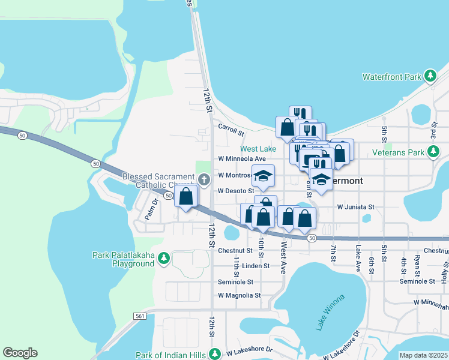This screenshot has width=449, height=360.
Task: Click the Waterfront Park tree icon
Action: pos(430,76)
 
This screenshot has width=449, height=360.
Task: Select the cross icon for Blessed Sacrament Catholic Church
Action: pos(204,179)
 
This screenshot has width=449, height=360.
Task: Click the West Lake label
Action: pos(258,149)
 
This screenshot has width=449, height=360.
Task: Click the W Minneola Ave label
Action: pos(241,159)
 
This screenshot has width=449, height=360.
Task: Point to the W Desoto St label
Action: pos(236,191)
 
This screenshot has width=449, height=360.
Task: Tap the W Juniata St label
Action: pos(355,206)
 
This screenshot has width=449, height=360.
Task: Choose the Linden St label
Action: pos(247,266)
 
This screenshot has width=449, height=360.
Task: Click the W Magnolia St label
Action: pos(239,295)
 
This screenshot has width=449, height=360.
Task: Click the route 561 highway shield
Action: pos(139,316)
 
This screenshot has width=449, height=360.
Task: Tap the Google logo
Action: pos(20,353)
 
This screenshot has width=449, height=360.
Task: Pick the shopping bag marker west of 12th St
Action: pos(186,196)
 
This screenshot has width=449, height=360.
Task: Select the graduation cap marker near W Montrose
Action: pos(263,176)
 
